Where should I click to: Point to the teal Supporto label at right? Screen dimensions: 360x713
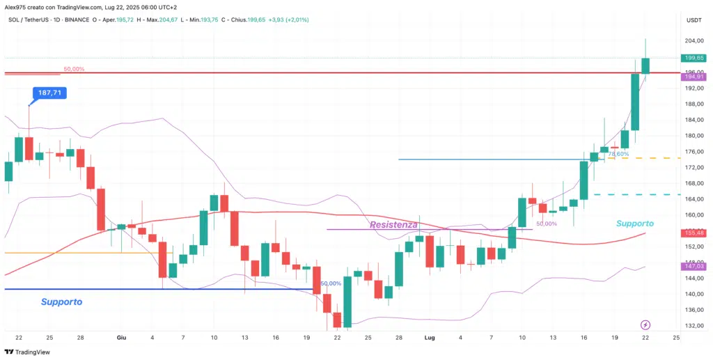click(635, 224)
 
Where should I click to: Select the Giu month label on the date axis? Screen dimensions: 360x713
click(121, 337)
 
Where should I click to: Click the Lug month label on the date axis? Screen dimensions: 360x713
click(430, 337)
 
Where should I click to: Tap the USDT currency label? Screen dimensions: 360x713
click(694, 20)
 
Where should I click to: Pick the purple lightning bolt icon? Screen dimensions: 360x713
click(645, 324)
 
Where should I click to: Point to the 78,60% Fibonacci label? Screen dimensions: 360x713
click(618, 154)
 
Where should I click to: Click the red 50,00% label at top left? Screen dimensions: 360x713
click(74, 69)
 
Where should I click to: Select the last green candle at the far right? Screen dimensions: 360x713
click(645, 65)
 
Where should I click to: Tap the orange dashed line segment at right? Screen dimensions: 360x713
click(658, 158)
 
